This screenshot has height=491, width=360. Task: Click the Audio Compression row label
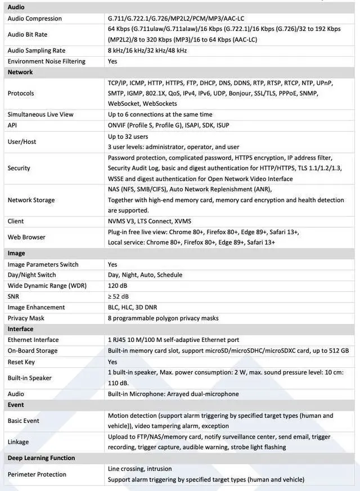35,19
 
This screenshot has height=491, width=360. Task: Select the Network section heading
20,72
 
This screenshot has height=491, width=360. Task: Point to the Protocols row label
21,93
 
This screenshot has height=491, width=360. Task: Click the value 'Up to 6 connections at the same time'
160,115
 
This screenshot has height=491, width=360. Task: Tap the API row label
12,125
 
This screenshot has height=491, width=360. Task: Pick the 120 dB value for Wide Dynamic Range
118,286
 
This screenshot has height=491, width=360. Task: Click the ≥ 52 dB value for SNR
118,296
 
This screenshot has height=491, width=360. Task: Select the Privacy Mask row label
26,318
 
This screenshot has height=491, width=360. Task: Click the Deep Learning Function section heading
41,458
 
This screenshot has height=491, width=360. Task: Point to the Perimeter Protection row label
37,475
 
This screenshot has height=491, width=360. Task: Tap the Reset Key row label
21,362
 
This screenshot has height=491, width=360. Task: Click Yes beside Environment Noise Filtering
112,61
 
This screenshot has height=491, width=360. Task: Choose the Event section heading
16,405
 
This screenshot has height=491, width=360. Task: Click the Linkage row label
19,442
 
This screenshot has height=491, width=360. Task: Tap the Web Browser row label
26,237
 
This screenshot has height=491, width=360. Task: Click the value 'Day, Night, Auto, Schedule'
145,275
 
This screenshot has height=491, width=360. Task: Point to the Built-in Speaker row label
29,378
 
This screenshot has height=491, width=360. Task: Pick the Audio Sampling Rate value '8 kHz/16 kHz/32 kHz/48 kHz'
147,51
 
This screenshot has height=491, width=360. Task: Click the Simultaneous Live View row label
40,115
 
